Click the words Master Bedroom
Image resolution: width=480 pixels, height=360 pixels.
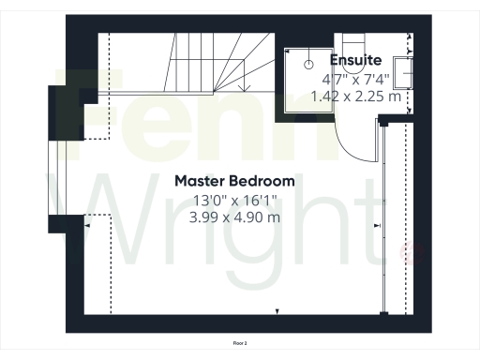pos(235,180)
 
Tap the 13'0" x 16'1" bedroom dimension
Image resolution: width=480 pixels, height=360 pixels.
pos(235,200)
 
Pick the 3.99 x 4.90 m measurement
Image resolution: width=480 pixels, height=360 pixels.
pos(235,217)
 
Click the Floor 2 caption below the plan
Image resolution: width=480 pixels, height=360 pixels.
pos(239,344)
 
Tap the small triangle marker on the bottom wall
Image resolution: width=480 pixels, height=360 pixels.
pos(277,310)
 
